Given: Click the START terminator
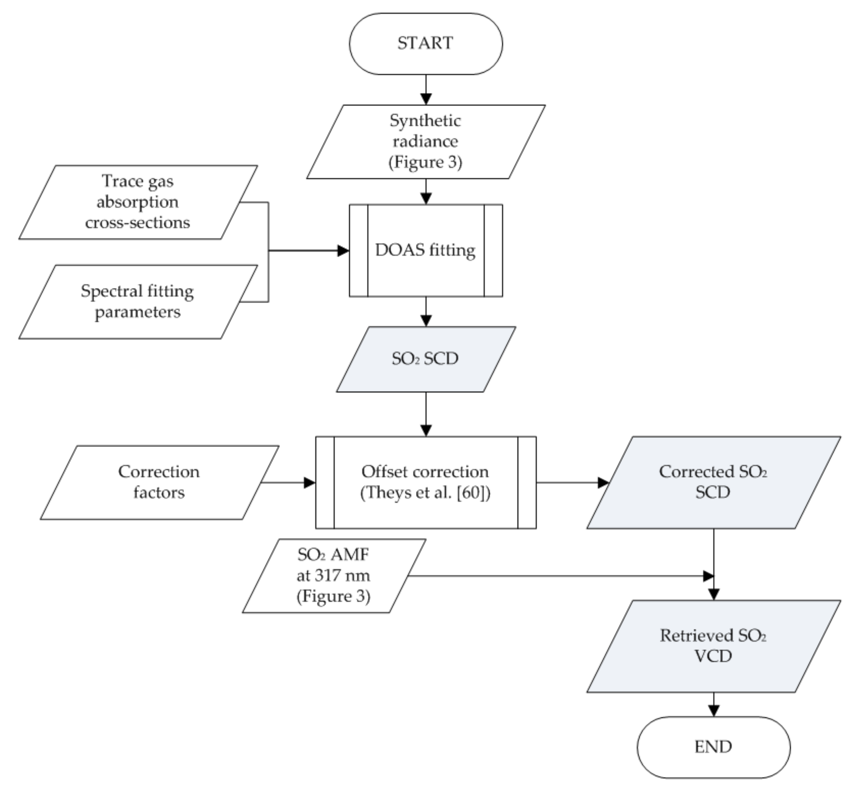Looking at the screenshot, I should [426, 44].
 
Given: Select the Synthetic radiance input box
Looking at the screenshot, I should [426, 141].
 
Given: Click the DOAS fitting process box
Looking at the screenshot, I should [426, 250].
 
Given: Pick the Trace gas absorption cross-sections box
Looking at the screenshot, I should [138, 202].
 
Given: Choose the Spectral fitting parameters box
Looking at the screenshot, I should [138, 301].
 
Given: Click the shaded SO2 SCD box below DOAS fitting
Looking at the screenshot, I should [426, 359].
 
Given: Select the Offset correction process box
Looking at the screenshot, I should [426, 482].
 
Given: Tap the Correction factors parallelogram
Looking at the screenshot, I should [159, 482].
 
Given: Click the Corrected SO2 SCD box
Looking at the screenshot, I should [713, 482].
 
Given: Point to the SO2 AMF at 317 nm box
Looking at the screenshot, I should [333, 576].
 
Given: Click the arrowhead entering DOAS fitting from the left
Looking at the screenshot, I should [343, 251].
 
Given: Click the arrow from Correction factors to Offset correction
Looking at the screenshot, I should [289, 483].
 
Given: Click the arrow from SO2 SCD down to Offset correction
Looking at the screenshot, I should [426, 414].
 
